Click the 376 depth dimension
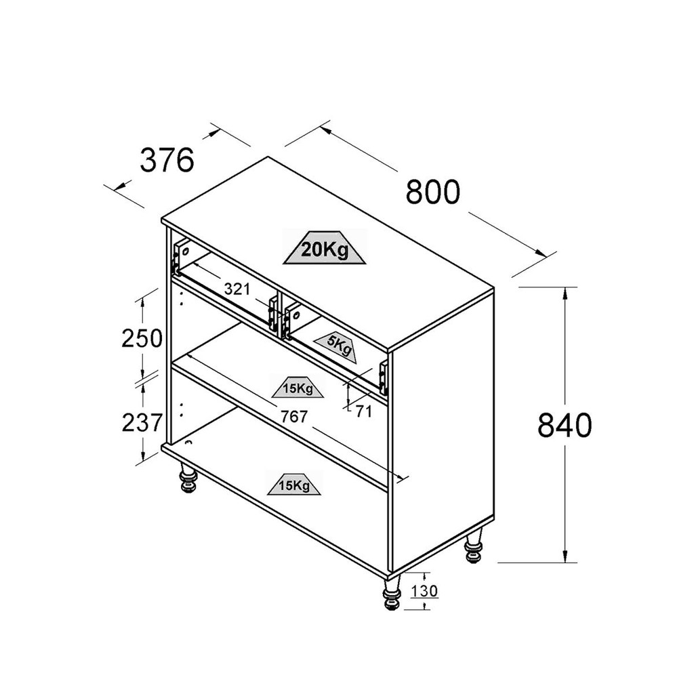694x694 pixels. pyautogui.click(x=167, y=160)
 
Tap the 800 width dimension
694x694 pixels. pyautogui.click(x=433, y=192)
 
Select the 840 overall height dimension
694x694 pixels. pyautogui.click(x=565, y=425)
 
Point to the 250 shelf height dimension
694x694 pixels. pyautogui.click(x=142, y=339)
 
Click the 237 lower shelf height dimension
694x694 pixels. pyautogui.click(x=142, y=423)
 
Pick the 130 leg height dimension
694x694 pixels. pyautogui.click(x=424, y=591)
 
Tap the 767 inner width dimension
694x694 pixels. pyautogui.click(x=294, y=417)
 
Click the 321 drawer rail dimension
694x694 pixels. pyautogui.click(x=237, y=289)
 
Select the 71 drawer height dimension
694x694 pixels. pyautogui.click(x=364, y=412)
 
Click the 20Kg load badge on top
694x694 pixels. pyautogui.click(x=325, y=249)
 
